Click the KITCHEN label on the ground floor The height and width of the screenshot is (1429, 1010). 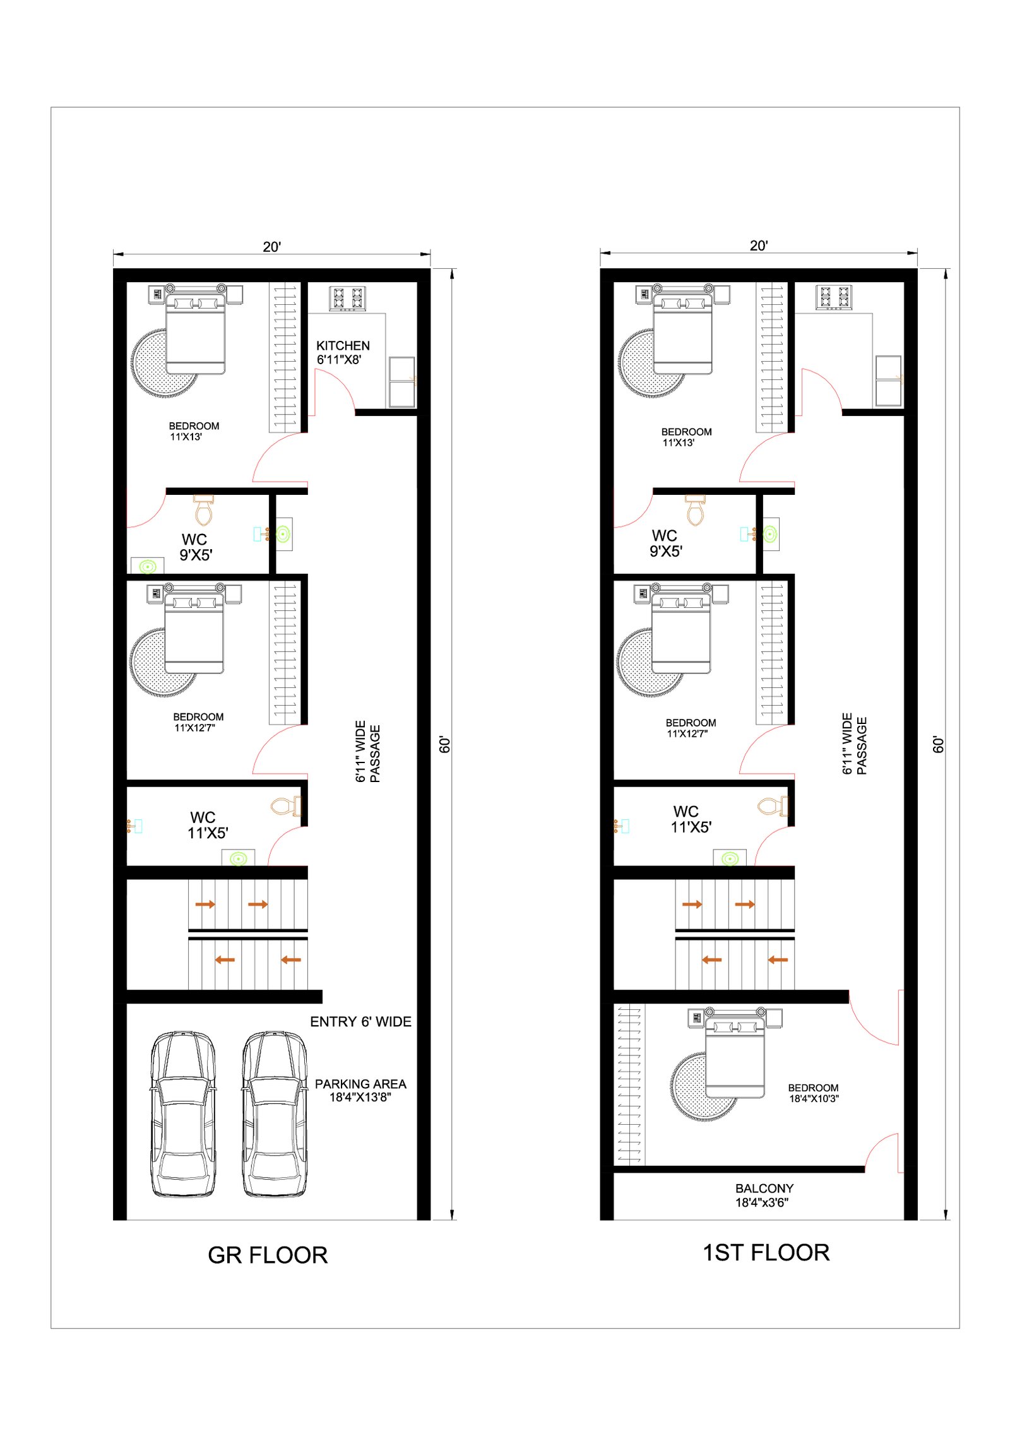(343, 346)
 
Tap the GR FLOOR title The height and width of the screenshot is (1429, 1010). (268, 1255)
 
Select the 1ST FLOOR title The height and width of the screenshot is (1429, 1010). (766, 1253)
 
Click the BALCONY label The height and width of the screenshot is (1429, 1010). (764, 1189)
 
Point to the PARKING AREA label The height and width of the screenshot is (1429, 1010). (360, 1084)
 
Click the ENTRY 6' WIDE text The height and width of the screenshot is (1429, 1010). (360, 1022)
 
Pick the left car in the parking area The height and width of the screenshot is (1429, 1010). (183, 1114)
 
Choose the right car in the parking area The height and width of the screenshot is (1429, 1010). (275, 1114)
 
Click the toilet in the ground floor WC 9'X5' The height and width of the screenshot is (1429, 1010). (203, 510)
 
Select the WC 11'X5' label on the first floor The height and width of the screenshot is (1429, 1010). (691, 820)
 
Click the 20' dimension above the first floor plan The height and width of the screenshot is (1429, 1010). (759, 246)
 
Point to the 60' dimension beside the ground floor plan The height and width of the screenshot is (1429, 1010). (445, 745)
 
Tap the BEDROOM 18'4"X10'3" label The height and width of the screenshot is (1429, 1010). (814, 1093)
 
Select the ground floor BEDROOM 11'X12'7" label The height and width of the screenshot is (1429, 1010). (198, 722)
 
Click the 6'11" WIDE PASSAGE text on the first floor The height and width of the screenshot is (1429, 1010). (854, 744)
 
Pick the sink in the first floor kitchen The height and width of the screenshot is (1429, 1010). (889, 381)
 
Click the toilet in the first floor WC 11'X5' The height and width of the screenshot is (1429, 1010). (773, 806)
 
